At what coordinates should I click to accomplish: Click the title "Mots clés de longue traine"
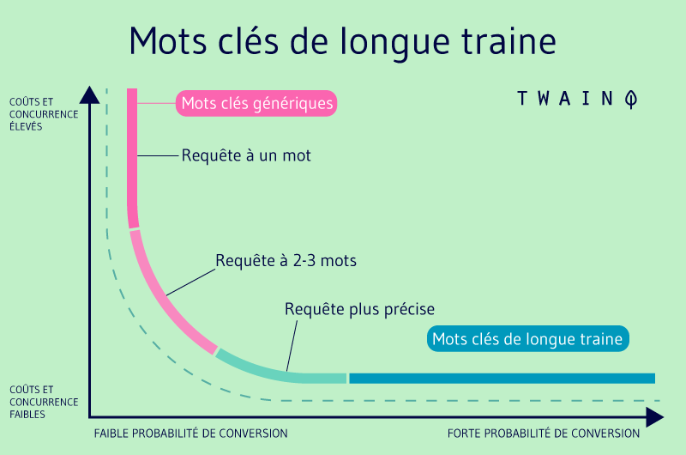342,40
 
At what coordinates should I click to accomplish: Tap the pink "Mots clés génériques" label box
256,104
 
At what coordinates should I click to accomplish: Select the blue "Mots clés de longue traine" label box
527,339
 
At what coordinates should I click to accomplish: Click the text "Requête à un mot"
246,156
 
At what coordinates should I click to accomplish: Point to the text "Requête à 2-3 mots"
286,259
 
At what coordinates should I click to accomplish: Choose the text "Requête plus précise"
360,308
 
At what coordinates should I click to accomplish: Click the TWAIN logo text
566,99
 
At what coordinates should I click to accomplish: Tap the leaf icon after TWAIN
631,99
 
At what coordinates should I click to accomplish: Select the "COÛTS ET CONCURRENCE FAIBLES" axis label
44,402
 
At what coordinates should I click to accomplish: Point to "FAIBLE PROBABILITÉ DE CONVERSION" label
191,434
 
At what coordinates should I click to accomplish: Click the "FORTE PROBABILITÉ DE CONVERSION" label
544,434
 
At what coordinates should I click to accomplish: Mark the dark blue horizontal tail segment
502,379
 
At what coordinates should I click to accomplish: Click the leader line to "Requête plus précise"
292,343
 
